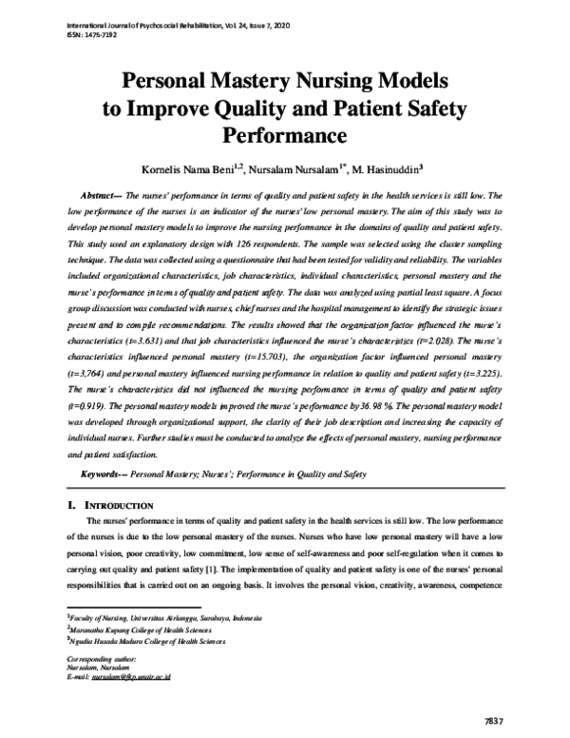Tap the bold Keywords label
tap(104, 473)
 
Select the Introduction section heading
tap(120, 504)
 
